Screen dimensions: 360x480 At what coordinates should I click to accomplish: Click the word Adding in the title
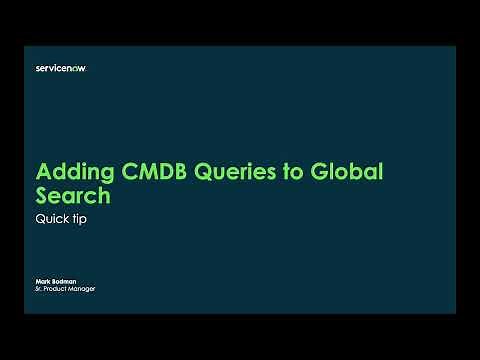[71, 170]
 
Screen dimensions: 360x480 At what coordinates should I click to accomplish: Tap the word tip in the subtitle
[79, 220]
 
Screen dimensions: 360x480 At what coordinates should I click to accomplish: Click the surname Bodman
[63, 283]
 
